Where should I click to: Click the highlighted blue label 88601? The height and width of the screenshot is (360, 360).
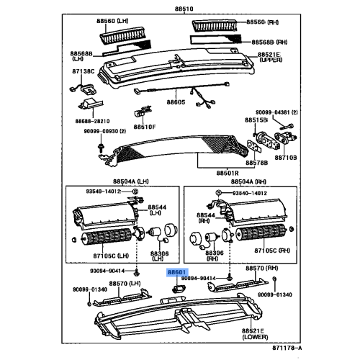pyautogui.click(x=176, y=273)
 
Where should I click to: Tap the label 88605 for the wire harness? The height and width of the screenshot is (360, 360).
pyautogui.click(x=176, y=103)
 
